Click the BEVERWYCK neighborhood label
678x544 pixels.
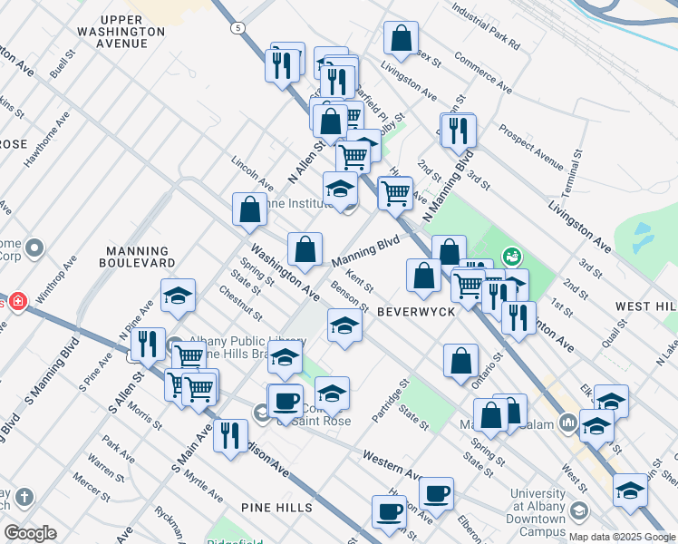point(415,310)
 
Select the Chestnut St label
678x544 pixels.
point(240,303)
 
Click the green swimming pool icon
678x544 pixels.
point(511,257)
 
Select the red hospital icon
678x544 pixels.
point(16,302)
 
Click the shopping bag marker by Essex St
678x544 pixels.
point(401,39)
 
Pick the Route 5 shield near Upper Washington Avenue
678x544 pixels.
point(237,28)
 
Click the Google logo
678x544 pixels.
point(30,533)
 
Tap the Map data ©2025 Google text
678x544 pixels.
point(620,537)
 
